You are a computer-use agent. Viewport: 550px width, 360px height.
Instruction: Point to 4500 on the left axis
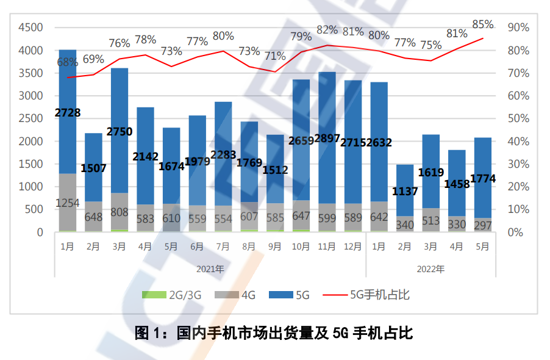pyautogui.click(x=30, y=27)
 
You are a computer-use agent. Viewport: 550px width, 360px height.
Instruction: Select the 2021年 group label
pyautogui.click(x=210, y=268)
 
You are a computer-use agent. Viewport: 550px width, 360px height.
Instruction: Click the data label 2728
pyautogui.click(x=67, y=112)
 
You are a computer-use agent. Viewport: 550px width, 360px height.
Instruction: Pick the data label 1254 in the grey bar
pyautogui.click(x=67, y=203)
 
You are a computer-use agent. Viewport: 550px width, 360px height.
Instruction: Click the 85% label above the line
pyautogui.click(x=482, y=25)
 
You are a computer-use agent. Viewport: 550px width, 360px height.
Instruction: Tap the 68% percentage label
pyautogui.click(x=67, y=62)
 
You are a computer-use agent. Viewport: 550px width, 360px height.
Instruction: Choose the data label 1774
pyautogui.click(x=483, y=179)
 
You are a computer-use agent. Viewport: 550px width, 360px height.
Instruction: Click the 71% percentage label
pyautogui.click(x=274, y=56)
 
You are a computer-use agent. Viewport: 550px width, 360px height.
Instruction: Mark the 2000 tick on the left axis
pyautogui.click(x=30, y=142)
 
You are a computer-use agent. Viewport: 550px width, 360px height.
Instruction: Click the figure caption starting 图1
pyautogui.click(x=274, y=333)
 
